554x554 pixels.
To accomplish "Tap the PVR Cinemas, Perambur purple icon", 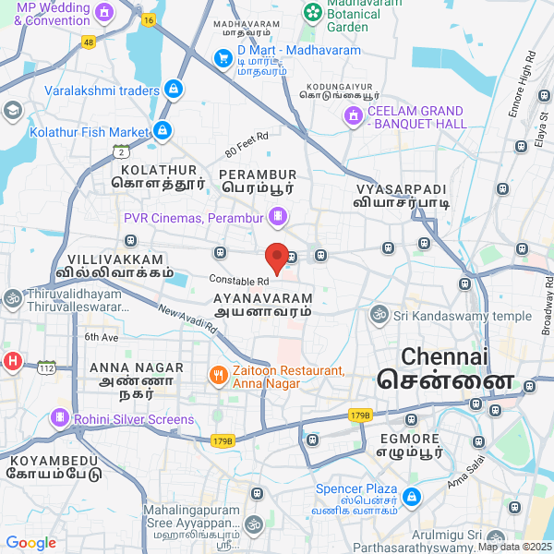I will [x=277, y=217].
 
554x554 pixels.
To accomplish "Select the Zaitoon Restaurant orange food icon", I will [x=218, y=375].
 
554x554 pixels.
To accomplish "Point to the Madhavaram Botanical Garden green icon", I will [x=313, y=13].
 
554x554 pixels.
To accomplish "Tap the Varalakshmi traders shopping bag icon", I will [x=173, y=90].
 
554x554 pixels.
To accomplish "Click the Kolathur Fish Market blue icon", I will [x=163, y=132].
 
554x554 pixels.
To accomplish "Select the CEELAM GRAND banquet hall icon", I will [x=352, y=116].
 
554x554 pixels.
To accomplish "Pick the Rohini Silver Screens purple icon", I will [x=61, y=419].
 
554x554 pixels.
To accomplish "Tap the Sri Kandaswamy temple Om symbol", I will [x=378, y=316].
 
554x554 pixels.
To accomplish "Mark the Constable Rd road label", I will [x=238, y=280].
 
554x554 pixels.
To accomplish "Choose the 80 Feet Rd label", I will [x=245, y=143].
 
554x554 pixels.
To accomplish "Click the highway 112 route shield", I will [x=47, y=367].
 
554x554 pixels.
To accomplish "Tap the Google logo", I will [x=30, y=543].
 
